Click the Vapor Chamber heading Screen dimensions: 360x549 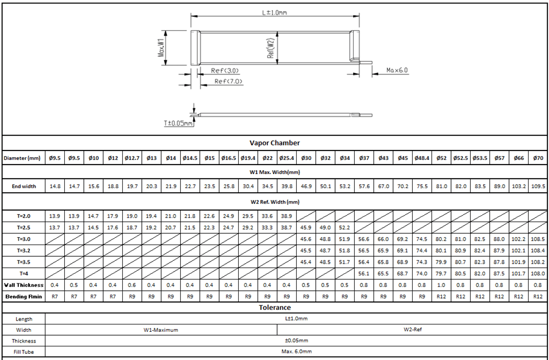274,143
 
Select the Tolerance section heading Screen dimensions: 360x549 274,308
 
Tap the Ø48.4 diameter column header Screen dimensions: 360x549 422,158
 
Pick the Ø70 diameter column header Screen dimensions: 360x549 538,158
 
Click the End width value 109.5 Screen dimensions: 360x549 538,186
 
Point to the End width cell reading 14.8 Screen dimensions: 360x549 55,186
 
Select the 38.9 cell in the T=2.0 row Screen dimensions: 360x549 287,216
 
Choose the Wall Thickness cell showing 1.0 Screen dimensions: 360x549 441,285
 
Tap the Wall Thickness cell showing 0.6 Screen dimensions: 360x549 132,285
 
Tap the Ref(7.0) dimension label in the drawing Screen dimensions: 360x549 228,81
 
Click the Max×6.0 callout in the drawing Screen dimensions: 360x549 397,70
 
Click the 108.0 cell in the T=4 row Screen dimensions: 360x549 538,273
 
